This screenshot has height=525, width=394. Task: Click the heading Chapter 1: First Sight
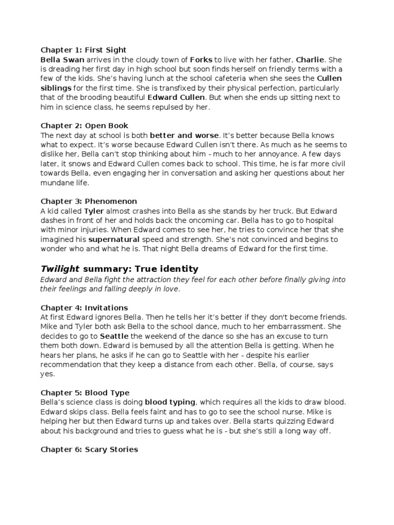pos(83,50)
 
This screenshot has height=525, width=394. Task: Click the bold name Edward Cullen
pos(176,97)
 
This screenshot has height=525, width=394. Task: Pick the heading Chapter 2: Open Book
pos(84,126)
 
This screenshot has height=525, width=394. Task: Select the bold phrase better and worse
pos(184,135)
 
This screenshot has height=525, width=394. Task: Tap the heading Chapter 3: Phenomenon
pos(89,201)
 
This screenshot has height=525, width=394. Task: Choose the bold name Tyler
pos(94,211)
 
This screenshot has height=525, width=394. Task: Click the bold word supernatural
pos(113,239)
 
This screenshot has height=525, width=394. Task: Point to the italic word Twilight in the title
pos(60,269)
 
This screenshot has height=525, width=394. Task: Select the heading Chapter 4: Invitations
pos(84,308)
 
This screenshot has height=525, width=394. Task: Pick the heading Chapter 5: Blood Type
pos(85,393)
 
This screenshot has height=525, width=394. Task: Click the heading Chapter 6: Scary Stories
pos(89,450)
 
